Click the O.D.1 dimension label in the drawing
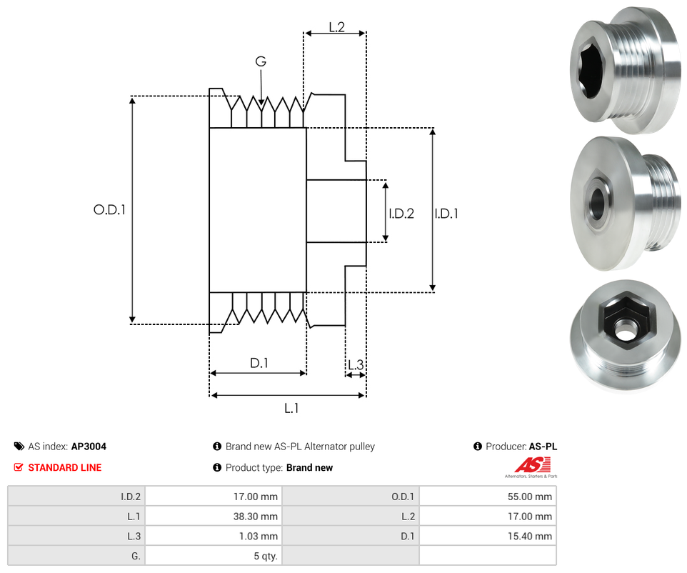coord(109,211)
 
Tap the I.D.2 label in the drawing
coord(401,213)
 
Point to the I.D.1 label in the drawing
coord(446,213)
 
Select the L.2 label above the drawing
coord(336,27)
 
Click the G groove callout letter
coord(261,62)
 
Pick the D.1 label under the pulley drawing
coord(259,363)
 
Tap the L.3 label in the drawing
coord(355,365)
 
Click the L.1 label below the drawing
coord(291,408)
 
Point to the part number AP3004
coord(89,447)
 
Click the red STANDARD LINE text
coord(64,467)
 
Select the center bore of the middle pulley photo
coord(597,203)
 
